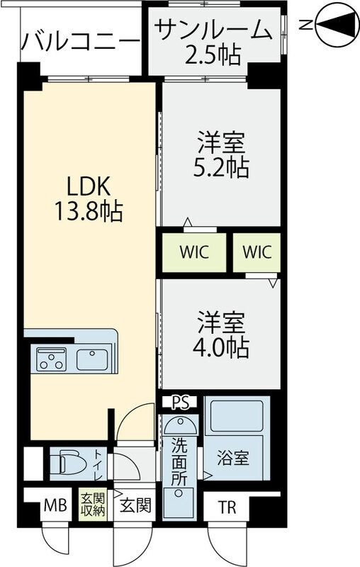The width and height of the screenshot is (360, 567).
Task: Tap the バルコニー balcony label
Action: click(79, 40)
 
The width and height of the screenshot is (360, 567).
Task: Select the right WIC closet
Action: click(257, 252)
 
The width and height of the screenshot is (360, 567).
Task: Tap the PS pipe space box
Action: click(181, 403)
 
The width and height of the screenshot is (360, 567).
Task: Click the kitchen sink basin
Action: click(92, 359)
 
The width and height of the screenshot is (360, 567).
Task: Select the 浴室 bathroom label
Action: click(234, 458)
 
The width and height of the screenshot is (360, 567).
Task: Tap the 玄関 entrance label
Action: click(134, 506)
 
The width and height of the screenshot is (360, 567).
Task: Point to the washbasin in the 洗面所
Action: click(181, 428)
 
